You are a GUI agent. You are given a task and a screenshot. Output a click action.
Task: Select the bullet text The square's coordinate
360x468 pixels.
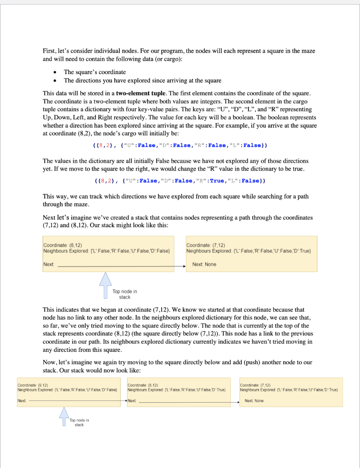pyautogui.click(x=95, y=72)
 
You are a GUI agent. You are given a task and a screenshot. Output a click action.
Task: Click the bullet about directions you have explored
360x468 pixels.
pyautogui.click(x=142, y=80)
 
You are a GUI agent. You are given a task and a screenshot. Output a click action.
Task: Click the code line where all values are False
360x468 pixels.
pyautogui.click(x=180, y=145)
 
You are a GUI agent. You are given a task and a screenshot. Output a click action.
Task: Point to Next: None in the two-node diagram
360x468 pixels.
pyautogui.click(x=204, y=265)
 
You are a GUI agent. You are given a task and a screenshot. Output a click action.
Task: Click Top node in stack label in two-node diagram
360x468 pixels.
pyautogui.click(x=125, y=294)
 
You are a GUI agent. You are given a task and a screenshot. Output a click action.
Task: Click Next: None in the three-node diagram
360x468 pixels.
pyautogui.click(x=254, y=401)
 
